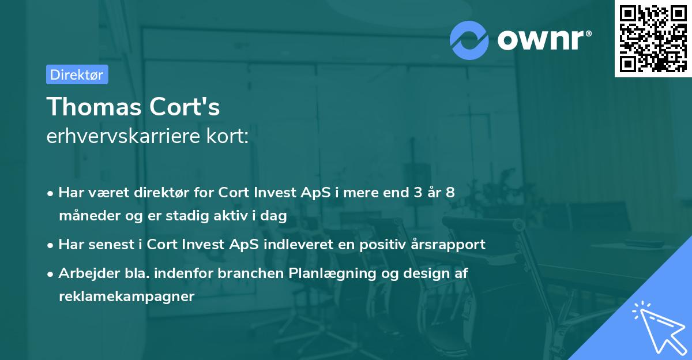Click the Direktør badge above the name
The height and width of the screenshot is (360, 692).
click(77, 74)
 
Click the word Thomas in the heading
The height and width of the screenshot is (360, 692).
click(86, 107)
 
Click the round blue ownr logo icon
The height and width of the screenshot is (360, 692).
click(469, 40)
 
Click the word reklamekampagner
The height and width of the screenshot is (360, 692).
click(127, 297)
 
